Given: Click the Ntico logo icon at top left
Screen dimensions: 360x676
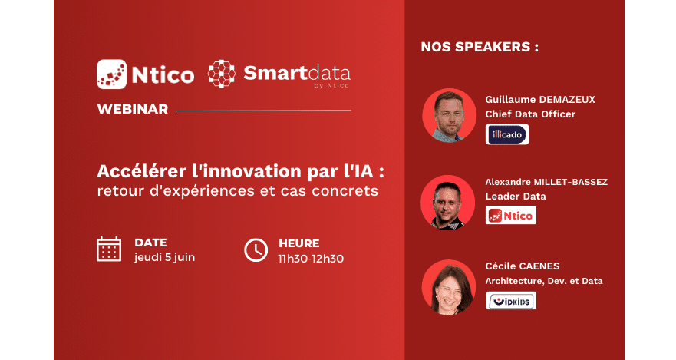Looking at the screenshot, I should tap(112, 74).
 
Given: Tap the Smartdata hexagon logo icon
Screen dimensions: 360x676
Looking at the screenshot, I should tap(222, 74).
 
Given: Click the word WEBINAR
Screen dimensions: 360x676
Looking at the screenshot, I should tap(132, 109).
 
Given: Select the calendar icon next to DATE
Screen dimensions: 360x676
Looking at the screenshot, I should tap(109, 249).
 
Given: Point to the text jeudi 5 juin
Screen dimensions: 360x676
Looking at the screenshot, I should tap(164, 257).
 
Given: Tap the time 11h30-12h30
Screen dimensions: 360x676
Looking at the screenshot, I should tap(311, 258).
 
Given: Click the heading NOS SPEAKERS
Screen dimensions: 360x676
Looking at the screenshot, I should tap(480, 47).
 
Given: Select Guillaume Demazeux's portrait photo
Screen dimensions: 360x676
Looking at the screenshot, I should tap(449, 116).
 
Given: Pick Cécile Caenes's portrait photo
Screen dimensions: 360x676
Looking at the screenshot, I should tap(449, 287).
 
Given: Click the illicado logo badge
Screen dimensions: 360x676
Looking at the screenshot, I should tap(507, 134).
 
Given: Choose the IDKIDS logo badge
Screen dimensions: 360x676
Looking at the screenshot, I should tap(511, 300).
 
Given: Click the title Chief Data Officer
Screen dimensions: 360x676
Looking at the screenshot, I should tap(530, 114).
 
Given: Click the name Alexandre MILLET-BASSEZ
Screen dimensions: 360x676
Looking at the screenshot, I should tap(546, 182).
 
